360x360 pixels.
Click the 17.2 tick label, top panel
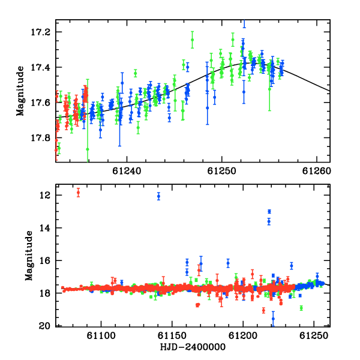point(40,32)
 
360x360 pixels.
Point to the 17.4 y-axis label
point(40,68)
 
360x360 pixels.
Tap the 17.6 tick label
point(40,103)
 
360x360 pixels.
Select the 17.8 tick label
point(40,138)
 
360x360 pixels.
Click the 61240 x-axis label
point(127,171)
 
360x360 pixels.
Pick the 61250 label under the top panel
point(221,171)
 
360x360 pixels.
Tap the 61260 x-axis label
point(316,171)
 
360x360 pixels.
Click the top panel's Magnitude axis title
point(20,91)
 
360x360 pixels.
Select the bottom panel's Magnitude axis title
point(29,256)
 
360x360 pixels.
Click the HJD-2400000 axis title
point(193,347)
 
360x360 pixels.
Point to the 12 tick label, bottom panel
point(44,196)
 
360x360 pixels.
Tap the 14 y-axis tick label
point(44,228)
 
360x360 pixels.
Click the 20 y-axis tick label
point(44,326)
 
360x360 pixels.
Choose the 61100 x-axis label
point(101,336)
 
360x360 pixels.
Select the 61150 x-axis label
point(172,336)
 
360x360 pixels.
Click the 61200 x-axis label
point(243,336)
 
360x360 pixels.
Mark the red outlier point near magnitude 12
point(78,193)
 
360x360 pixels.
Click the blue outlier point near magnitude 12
point(158,196)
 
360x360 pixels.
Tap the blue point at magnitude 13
point(269,211)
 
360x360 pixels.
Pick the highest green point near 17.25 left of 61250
point(193,40)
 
